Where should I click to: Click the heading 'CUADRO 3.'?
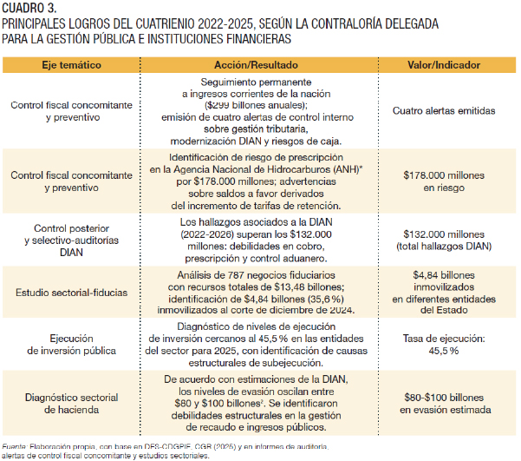(29, 8)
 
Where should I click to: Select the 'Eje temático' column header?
(71, 65)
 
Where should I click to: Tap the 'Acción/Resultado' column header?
(256, 65)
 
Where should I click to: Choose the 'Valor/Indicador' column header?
(444, 65)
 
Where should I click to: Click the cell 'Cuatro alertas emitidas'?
(444, 111)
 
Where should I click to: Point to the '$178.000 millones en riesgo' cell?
(444, 181)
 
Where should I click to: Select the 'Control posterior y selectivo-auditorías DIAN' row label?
(71, 240)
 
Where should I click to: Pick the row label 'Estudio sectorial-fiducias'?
(71, 293)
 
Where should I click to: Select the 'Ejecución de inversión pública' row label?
(71, 345)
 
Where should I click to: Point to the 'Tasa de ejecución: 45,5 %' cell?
(444, 345)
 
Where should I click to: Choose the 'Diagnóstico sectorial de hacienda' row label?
(71, 404)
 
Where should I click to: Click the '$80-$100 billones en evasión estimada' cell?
(445, 404)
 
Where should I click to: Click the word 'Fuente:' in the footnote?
(14, 446)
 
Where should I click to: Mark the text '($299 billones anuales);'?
(256, 106)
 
